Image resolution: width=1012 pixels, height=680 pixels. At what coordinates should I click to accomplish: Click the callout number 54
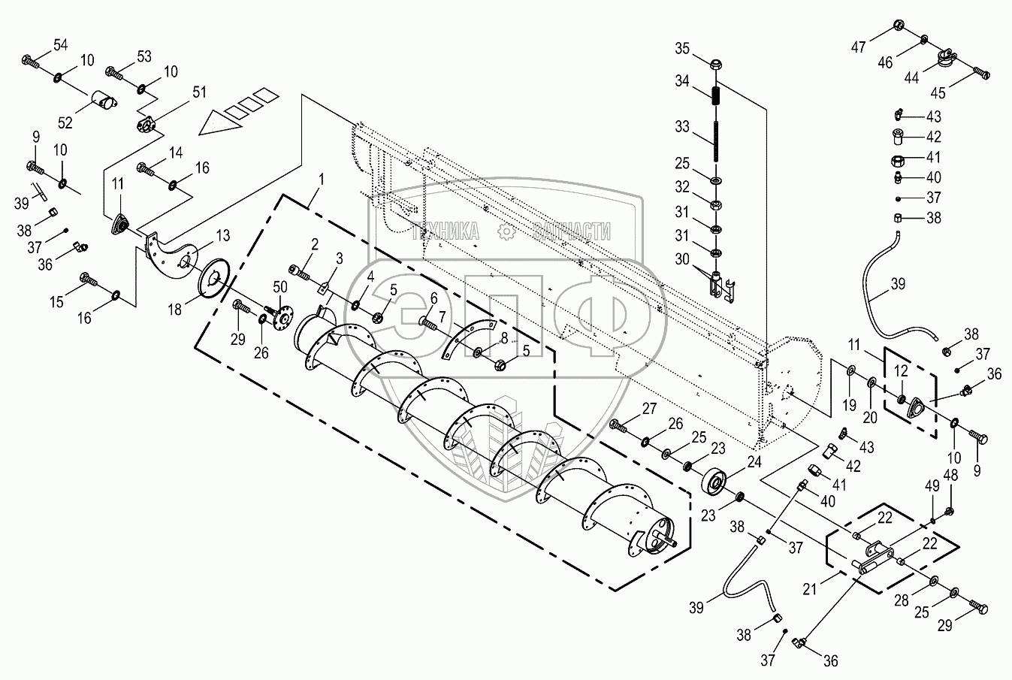(x=59, y=46)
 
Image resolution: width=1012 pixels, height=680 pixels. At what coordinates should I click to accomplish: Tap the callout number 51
(x=199, y=92)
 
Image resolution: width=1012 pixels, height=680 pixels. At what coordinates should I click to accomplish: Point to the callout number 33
(x=681, y=126)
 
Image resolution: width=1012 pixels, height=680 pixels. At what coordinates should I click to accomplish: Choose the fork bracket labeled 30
(x=717, y=286)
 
